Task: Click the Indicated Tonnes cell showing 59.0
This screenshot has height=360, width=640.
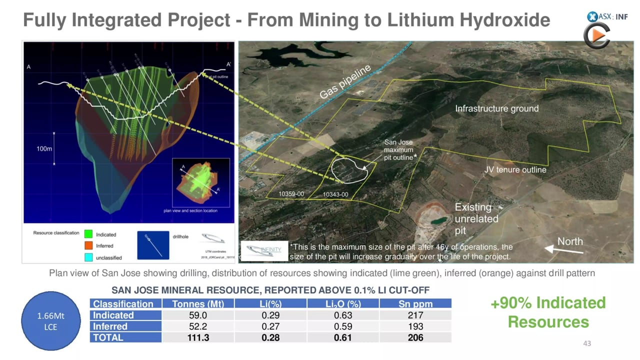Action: (198, 315)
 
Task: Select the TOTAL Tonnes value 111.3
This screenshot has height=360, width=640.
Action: (198, 337)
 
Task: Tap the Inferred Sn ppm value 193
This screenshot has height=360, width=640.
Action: (415, 326)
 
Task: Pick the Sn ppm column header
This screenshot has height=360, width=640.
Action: (415, 304)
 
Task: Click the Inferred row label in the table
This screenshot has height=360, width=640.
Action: (110, 326)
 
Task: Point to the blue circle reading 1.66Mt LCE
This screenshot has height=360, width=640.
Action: (50, 321)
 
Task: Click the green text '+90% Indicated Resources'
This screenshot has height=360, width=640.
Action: (548, 312)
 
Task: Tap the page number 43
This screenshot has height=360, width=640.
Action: (587, 343)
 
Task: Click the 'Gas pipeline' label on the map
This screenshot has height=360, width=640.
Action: (345, 81)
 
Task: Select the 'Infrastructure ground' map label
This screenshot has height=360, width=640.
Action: (496, 108)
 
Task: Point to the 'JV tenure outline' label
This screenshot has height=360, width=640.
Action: (515, 170)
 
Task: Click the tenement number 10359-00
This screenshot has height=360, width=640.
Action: (291, 194)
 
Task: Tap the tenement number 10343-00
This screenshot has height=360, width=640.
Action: (335, 194)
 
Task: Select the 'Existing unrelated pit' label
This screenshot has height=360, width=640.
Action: (476, 219)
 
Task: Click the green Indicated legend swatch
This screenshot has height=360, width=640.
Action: (88, 234)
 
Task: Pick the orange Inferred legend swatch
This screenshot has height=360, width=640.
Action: (88, 245)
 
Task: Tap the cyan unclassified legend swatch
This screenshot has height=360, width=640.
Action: (88, 257)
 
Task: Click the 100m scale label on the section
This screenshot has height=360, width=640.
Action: (44, 149)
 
